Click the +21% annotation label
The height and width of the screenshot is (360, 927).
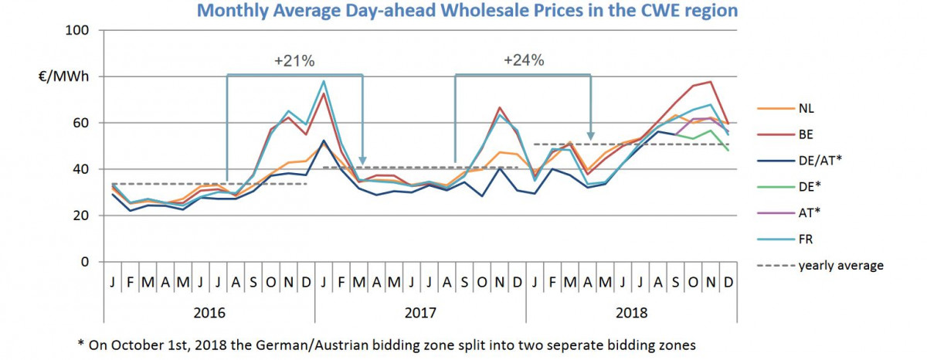(294, 62)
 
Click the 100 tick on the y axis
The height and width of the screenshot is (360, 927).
(81, 30)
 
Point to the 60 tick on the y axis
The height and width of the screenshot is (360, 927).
(84, 123)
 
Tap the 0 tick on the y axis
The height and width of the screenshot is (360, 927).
(88, 262)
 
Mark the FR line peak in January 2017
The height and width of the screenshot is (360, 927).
(323, 81)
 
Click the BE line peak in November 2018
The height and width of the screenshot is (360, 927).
(710, 82)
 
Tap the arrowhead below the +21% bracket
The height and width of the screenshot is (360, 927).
(362, 160)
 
